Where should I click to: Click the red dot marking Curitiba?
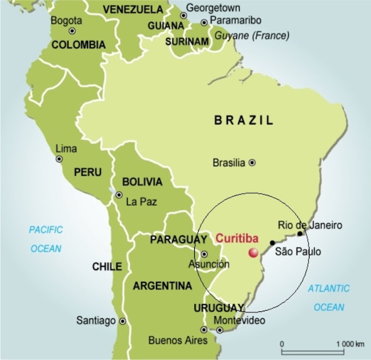[x=253, y=252]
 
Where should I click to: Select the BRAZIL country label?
[x=243, y=121]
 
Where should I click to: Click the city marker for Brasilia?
[x=252, y=163]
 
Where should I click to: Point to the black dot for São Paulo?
[x=272, y=243]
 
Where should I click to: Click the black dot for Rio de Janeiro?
[x=300, y=234]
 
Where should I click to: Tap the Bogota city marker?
[x=72, y=31]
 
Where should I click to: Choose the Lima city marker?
[x=59, y=159]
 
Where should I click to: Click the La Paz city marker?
[x=119, y=195]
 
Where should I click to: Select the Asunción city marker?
[x=205, y=254]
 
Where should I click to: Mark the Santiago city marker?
[x=122, y=321]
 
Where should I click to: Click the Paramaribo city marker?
[x=204, y=23]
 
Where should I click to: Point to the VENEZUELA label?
[x=133, y=9]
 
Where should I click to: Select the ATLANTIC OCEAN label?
[x=329, y=297]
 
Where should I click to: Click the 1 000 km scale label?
[x=349, y=344]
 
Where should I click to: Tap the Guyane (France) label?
[x=252, y=35]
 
